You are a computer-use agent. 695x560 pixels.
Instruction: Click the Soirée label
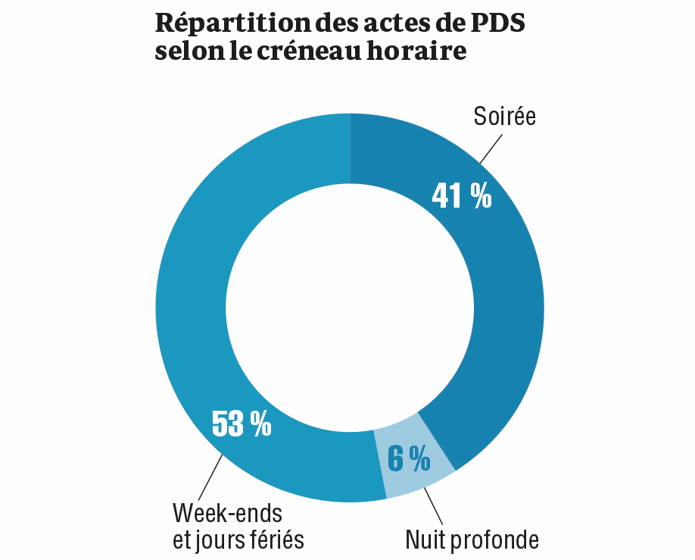point(504,117)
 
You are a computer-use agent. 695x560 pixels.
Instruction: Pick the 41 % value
point(461,196)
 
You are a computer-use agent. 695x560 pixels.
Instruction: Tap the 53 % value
point(241,424)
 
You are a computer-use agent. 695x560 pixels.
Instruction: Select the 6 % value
point(409,458)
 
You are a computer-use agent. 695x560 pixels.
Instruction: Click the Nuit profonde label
point(472,540)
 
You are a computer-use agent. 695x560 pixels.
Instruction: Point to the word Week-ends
point(227,513)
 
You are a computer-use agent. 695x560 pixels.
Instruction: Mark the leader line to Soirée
point(491,149)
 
